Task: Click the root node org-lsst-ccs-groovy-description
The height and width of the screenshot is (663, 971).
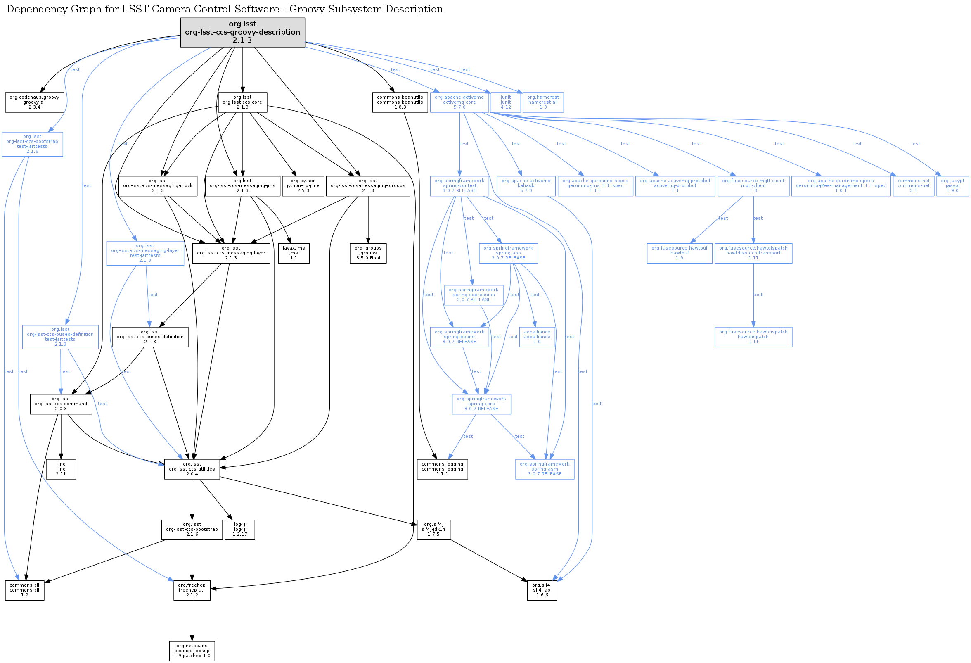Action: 242,32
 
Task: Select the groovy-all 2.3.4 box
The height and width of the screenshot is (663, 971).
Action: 34,102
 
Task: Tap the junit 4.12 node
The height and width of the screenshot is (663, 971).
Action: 506,102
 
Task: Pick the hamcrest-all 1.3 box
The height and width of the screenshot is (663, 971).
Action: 543,102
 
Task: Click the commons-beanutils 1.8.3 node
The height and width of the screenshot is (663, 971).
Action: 400,102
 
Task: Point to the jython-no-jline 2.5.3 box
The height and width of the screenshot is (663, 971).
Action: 303,185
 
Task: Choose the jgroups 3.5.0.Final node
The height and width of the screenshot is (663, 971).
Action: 368,253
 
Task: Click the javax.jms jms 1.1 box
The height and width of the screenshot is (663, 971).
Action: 294,253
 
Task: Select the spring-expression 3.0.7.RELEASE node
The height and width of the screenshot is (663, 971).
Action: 474,295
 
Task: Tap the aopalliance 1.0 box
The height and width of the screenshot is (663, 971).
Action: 537,337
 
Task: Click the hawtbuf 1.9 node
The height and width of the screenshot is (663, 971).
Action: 680,253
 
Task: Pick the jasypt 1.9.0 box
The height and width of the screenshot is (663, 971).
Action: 952,185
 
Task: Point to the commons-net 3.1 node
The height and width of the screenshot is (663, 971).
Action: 913,185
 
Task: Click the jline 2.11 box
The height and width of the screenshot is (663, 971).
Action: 61,469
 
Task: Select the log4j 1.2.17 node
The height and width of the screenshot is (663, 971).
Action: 239,529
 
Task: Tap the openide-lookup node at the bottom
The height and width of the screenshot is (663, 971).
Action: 192,651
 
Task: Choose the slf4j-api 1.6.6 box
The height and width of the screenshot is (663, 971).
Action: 542,590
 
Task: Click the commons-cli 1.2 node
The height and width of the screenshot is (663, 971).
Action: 25,590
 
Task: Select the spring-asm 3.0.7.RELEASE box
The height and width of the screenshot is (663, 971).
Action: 545,469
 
